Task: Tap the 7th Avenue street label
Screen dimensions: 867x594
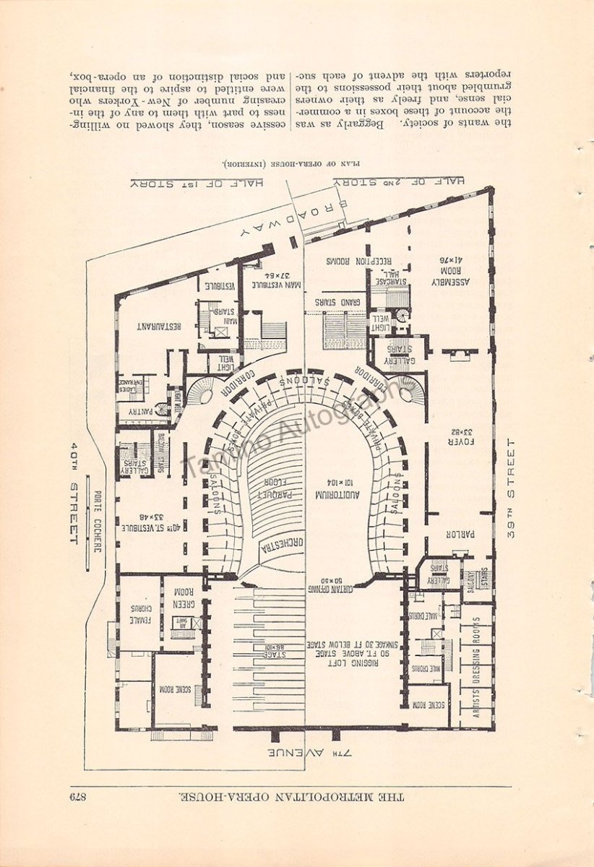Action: (311, 754)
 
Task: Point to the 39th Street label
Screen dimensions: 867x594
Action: (512, 489)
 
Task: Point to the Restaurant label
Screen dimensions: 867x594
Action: (158, 325)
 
